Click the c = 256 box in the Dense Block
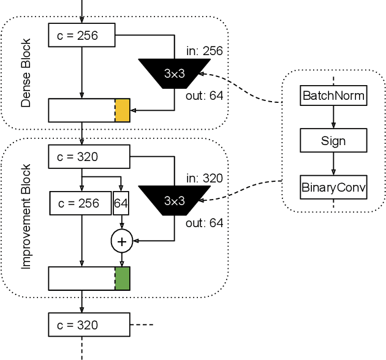pos(81,36)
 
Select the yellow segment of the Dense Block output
pos(123,110)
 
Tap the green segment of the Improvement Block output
pos(123,278)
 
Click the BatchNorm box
pos(333,96)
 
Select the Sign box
pos(333,141)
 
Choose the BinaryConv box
pos(333,187)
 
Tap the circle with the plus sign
pos(121,242)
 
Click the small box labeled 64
pos(121,203)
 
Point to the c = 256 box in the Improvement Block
pos(80,203)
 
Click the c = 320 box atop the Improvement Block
pos(89,156)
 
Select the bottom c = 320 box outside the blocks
pos(89,324)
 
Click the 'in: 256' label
pos(204,51)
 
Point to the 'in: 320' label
pos(204,178)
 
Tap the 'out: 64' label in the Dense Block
pos(204,95)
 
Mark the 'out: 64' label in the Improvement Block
pos(204,223)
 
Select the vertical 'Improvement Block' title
pos(26,216)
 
